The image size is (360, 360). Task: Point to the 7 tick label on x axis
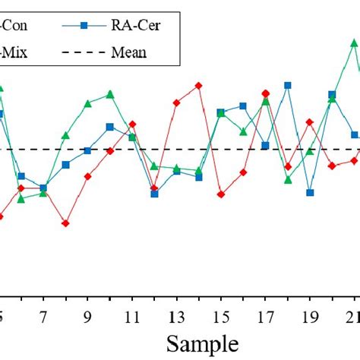pos(43,317)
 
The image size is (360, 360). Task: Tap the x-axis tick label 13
pos(176,317)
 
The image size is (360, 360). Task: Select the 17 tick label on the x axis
pos(265,317)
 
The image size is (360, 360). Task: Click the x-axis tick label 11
pos(132,317)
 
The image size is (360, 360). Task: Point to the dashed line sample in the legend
pos(85,52)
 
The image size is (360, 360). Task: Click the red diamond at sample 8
pos(65,223)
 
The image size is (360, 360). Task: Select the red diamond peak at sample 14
pos(199,86)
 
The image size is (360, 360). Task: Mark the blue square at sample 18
pos(288,85)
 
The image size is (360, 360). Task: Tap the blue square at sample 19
pos(310,193)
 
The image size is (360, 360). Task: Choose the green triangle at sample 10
pos(110,94)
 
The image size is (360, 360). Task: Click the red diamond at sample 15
pos(221,194)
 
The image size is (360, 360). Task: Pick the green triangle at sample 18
pos(288,180)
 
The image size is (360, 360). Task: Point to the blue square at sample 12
pos(154,194)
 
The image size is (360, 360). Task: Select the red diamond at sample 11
pos(132,124)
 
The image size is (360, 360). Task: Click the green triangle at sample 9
pos(88,103)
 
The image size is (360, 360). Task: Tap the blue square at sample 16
pos(243,106)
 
